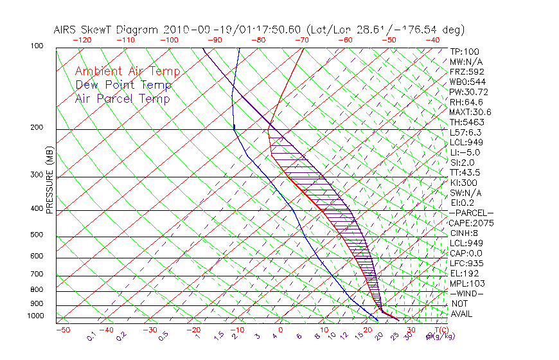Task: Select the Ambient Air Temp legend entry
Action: click(x=127, y=71)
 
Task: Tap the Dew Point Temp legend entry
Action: click(x=123, y=85)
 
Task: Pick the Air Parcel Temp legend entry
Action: click(x=122, y=98)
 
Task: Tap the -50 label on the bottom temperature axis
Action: click(x=62, y=330)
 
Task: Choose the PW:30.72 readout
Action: click(x=466, y=92)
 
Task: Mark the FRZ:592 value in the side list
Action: click(x=466, y=71)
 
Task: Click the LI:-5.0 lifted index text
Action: click(x=465, y=152)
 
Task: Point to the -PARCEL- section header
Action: click(x=471, y=213)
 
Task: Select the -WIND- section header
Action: click(x=466, y=293)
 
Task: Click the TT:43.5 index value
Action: click(x=465, y=172)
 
